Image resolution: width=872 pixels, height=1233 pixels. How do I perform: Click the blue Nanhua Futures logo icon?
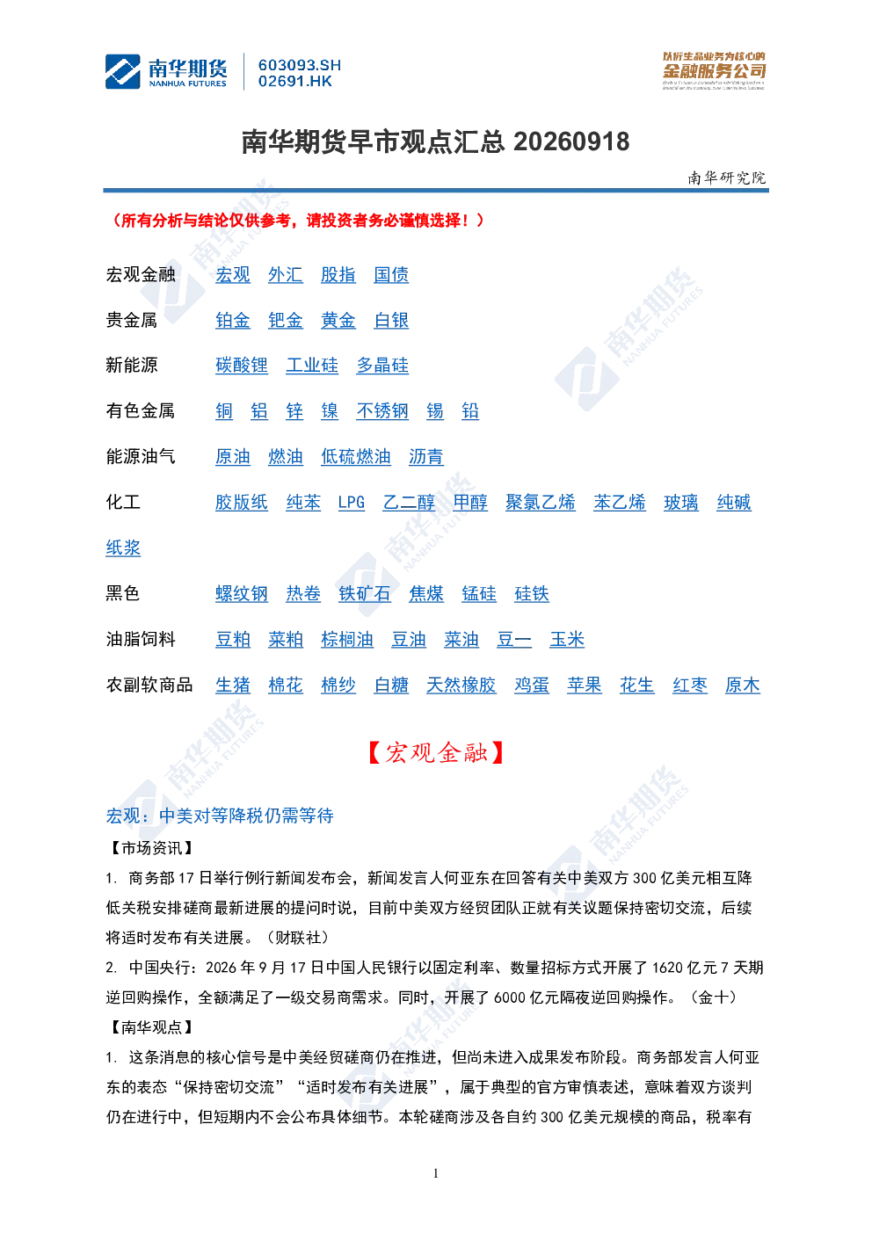coord(122,71)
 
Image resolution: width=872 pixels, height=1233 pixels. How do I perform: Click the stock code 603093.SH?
coord(300,66)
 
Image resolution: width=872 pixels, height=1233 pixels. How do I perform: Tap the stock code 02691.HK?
coord(295,82)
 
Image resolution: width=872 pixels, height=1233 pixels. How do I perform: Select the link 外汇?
coord(285,275)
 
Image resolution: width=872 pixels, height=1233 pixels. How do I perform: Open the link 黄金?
coord(338,321)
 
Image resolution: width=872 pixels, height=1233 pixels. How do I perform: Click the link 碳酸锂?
coord(241,366)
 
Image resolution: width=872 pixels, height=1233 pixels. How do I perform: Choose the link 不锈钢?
coord(382,411)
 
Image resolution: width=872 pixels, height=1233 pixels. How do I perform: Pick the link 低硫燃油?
coord(356,457)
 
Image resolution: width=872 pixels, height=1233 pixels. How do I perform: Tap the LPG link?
coord(352,503)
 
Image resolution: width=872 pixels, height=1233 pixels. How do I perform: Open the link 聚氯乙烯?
coord(541,503)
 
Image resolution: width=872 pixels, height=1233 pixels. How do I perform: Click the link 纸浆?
coord(123,548)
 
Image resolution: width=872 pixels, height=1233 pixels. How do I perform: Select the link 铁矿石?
coord(365,594)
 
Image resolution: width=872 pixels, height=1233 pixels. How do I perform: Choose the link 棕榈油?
coord(347,640)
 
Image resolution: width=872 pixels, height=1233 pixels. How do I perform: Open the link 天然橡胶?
coord(461,685)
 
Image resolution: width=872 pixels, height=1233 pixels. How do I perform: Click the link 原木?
coord(742,685)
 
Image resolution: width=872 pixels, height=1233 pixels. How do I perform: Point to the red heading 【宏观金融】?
coord(435,752)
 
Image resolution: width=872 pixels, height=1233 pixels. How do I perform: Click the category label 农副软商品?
coord(149,685)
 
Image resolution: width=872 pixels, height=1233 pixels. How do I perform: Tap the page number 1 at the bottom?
coord(435,1173)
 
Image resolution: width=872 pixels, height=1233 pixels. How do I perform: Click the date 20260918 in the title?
coord(571,142)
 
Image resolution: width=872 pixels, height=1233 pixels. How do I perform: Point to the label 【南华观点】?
coord(151,1027)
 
